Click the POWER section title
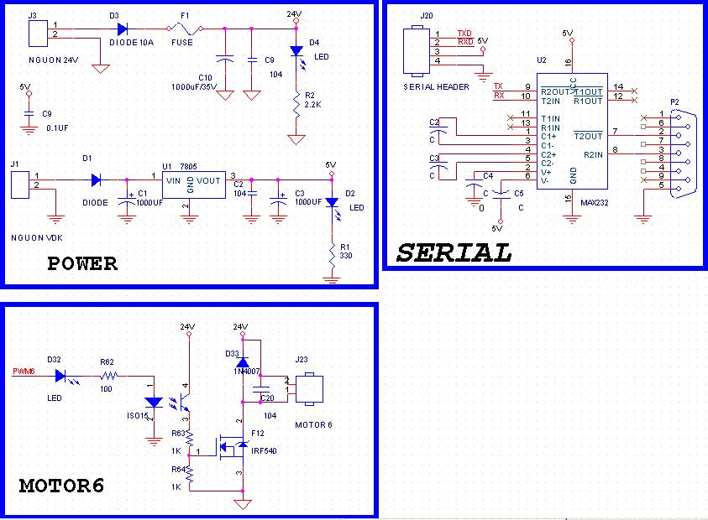point(82,263)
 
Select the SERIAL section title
point(454,252)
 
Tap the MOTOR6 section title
point(61,486)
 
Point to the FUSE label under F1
point(182,41)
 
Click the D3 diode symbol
point(123,28)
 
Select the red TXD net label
point(464,34)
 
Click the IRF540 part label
point(264,450)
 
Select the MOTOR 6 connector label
point(313,424)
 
